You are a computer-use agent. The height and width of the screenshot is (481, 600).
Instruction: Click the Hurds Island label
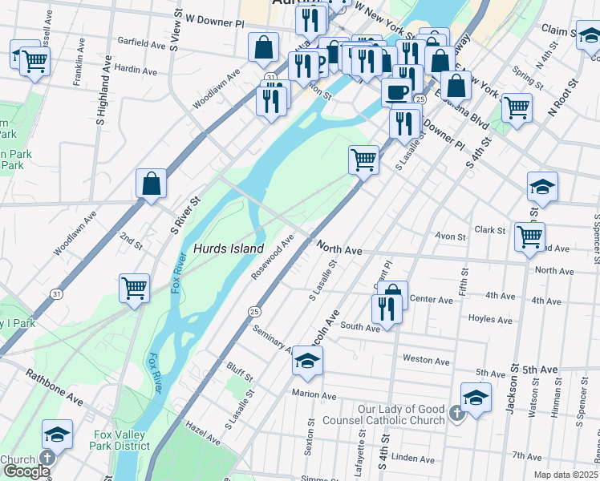point(228,249)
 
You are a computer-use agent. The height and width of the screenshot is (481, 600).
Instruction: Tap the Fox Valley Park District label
point(121,440)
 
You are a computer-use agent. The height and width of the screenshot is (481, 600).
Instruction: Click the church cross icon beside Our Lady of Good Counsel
point(456,414)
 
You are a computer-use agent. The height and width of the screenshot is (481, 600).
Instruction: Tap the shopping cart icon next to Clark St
point(529,236)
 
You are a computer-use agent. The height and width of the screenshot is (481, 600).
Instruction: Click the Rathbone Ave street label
point(54,386)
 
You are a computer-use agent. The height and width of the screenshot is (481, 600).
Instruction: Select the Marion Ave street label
point(314,395)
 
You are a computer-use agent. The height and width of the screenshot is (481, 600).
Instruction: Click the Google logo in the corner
point(26,471)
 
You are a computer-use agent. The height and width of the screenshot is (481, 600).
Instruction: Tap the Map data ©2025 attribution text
point(566,475)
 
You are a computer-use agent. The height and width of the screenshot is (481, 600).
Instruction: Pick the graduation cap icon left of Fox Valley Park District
point(57,434)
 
